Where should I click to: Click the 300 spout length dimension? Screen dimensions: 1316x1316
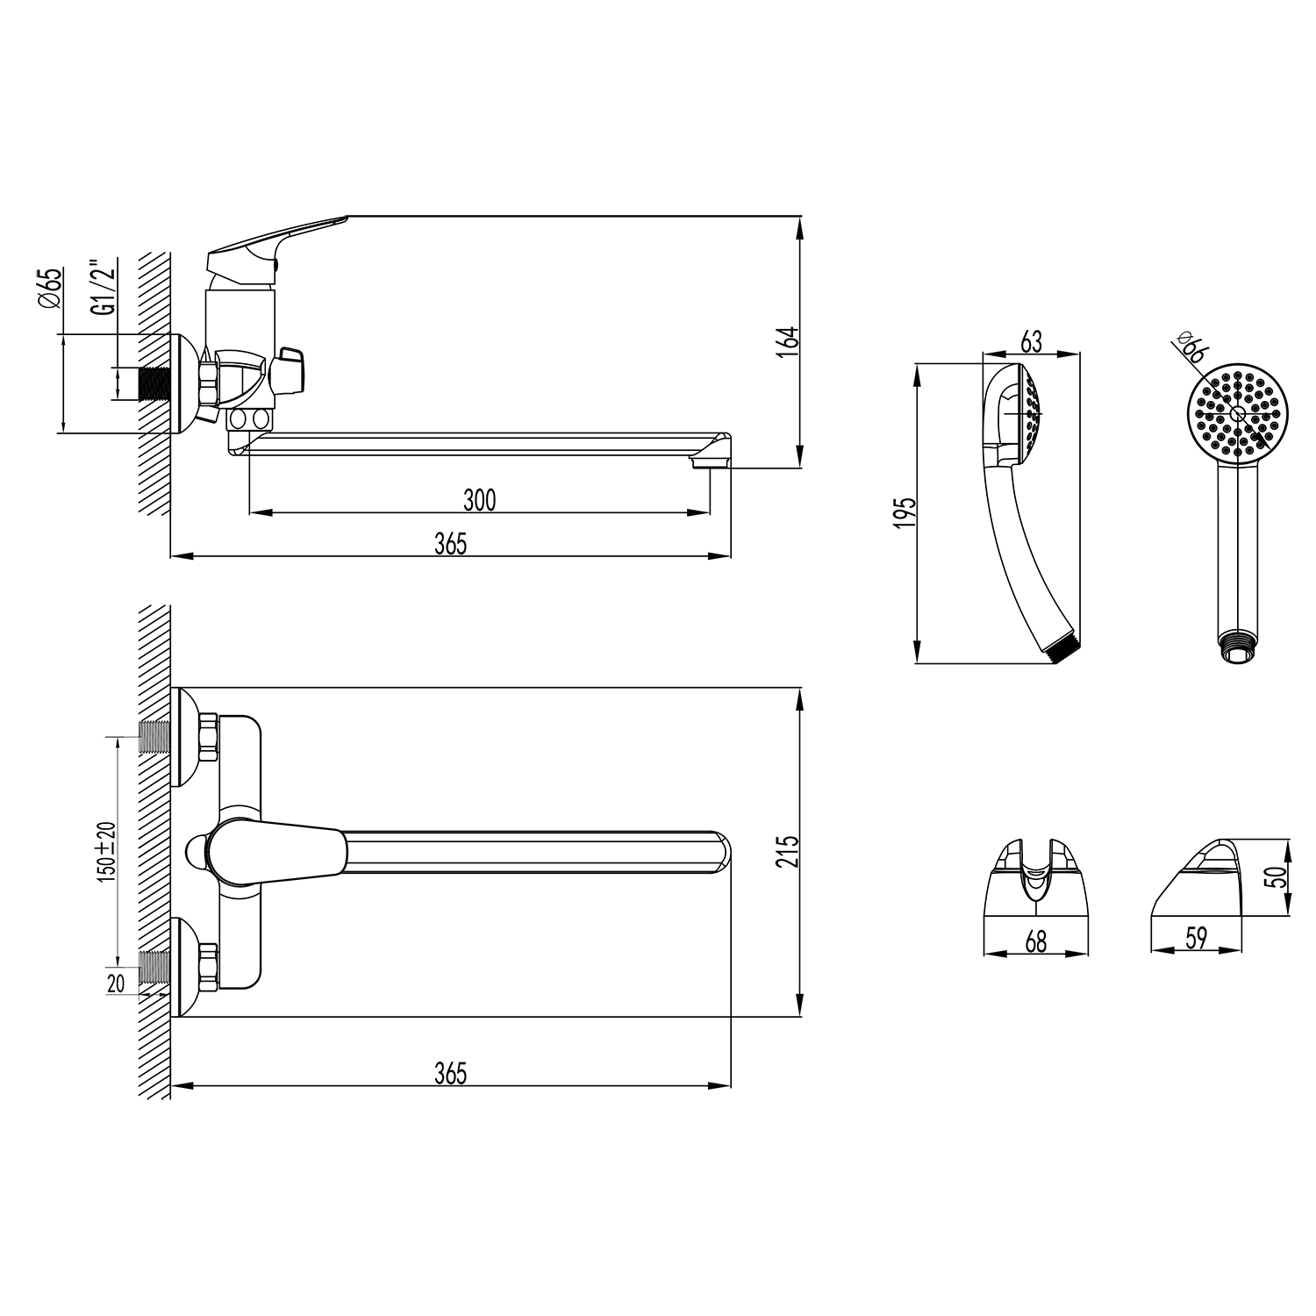coord(480,499)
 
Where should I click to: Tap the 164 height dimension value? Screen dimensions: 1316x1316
coord(789,340)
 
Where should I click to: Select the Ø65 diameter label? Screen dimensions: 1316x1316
coord(51,288)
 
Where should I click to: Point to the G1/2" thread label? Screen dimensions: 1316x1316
coord(104,285)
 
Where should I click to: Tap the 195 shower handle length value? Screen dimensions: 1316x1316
coord(907,511)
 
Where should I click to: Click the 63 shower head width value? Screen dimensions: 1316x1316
coord(1032,341)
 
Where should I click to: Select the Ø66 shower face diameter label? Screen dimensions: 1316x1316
coord(1191,349)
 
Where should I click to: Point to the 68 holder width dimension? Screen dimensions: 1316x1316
coord(1036,941)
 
